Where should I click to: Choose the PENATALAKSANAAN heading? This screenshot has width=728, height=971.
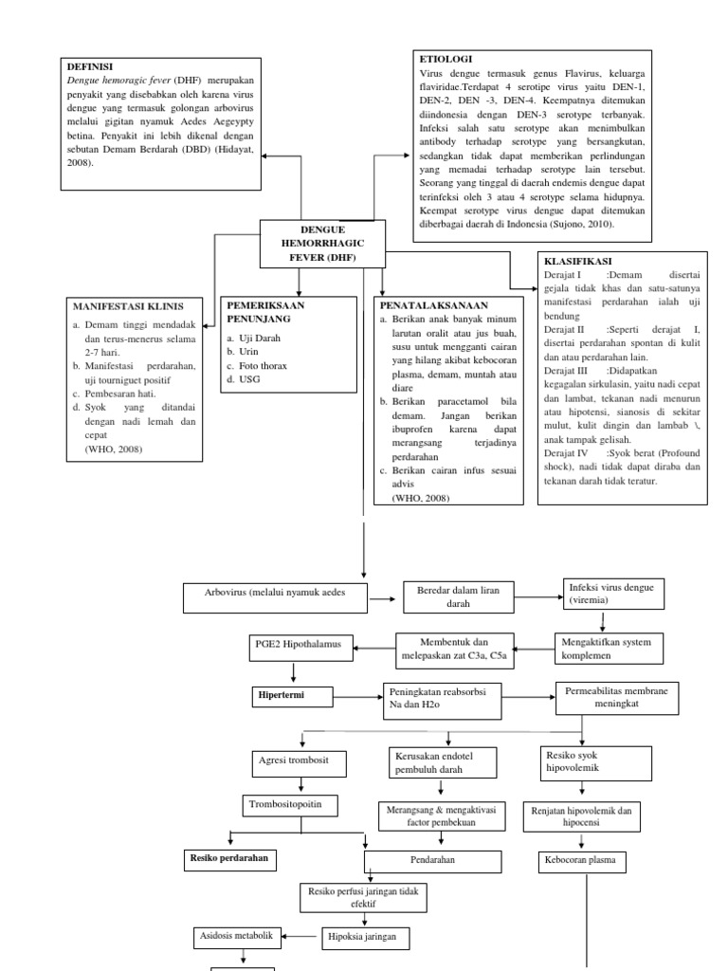[433, 306]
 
